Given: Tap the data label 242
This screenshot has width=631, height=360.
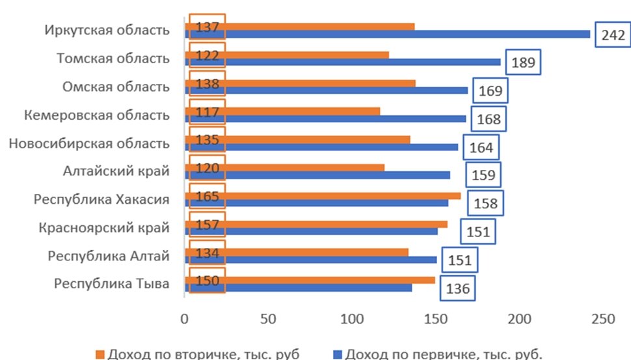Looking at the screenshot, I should click(x=612, y=35).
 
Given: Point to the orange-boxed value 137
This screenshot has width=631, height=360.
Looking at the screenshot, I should click(x=207, y=27).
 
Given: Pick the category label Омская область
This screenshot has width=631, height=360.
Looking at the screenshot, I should click(x=116, y=87).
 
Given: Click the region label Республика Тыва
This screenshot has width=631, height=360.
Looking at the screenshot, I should click(x=112, y=284).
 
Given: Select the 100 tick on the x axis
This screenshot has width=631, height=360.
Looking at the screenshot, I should click(x=352, y=320).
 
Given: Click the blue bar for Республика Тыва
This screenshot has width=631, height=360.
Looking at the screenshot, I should click(x=299, y=288).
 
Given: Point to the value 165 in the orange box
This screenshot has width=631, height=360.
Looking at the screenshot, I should click(x=207, y=195).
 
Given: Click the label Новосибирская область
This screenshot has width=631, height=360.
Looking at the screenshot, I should click(x=89, y=143).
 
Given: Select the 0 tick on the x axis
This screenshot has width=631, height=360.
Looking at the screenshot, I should click(x=185, y=320).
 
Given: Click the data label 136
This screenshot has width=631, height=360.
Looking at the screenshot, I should click(x=457, y=288).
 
